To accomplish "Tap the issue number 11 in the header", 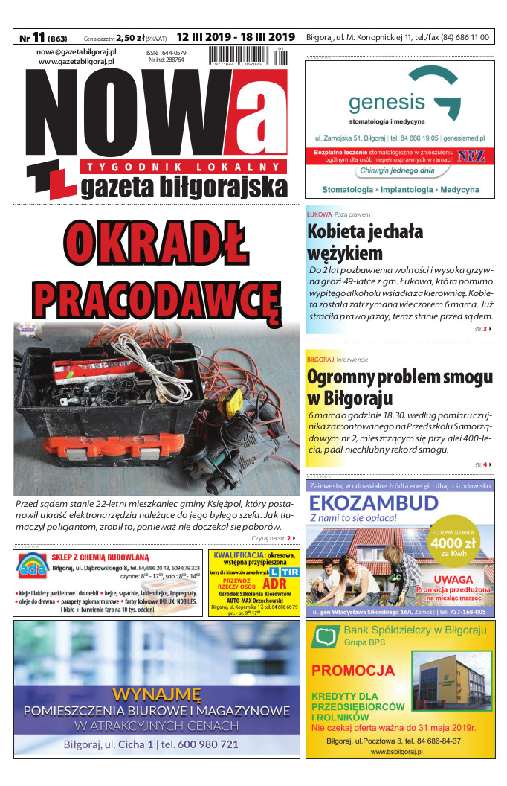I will tap(38, 36).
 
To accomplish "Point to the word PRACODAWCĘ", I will tap(157, 298).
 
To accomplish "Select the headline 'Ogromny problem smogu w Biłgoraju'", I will tap(399, 386).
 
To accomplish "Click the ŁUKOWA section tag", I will tap(318, 214).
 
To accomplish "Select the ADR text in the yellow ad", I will tap(274, 584).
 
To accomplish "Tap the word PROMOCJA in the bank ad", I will tap(353, 671).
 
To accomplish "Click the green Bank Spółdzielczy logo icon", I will tap(325, 637).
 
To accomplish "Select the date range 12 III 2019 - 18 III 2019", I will tap(236, 36).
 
